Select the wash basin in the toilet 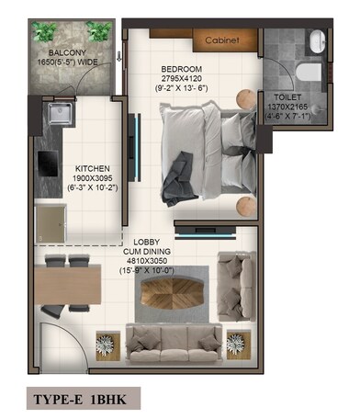point(315,40)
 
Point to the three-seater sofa point(174,343)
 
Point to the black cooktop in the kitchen point(46,164)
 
